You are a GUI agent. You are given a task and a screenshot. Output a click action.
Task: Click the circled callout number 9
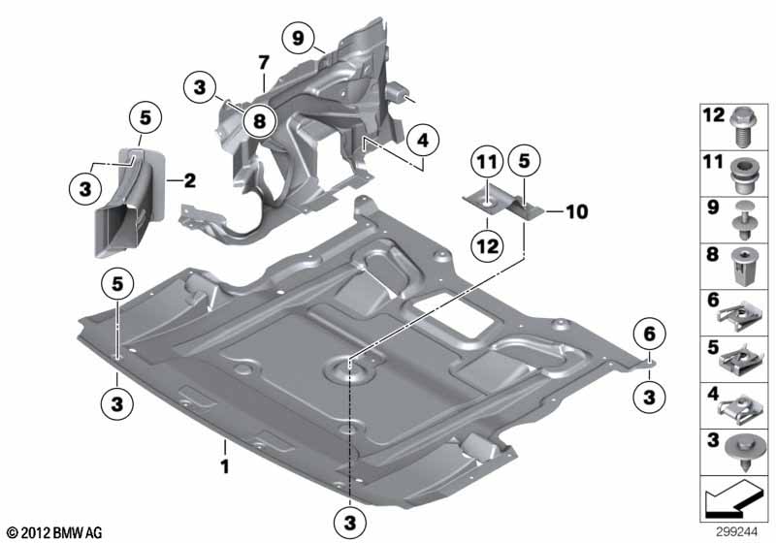click(298, 38)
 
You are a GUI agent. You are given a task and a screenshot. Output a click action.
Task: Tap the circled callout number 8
click(259, 120)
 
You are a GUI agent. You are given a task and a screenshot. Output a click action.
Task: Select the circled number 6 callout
click(649, 335)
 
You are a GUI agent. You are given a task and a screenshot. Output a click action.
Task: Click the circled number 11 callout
click(487, 161)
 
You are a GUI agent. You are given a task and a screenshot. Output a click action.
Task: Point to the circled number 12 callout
click(487, 245)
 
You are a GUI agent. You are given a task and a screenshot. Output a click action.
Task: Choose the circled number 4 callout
click(423, 141)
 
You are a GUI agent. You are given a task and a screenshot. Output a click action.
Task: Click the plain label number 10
click(576, 211)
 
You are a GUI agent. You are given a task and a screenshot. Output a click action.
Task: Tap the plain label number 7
click(264, 63)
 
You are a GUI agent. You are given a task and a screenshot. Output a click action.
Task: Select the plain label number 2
click(190, 180)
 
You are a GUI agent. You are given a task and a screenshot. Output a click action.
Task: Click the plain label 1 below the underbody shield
click(225, 465)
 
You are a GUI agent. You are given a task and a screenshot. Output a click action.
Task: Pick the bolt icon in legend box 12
click(742, 127)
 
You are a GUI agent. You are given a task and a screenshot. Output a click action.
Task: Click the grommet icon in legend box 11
click(742, 176)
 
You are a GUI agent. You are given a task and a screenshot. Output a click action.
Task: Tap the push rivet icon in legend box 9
click(742, 220)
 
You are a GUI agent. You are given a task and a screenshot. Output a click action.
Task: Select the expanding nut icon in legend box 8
click(742, 267)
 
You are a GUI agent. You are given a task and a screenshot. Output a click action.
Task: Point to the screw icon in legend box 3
click(742, 454)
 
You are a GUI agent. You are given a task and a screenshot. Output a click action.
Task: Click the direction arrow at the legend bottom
click(733, 497)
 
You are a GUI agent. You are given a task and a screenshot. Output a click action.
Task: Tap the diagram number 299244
click(736, 532)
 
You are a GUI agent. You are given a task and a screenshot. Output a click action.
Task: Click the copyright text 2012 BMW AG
click(55, 532)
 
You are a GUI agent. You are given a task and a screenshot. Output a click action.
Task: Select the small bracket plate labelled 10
click(503, 205)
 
